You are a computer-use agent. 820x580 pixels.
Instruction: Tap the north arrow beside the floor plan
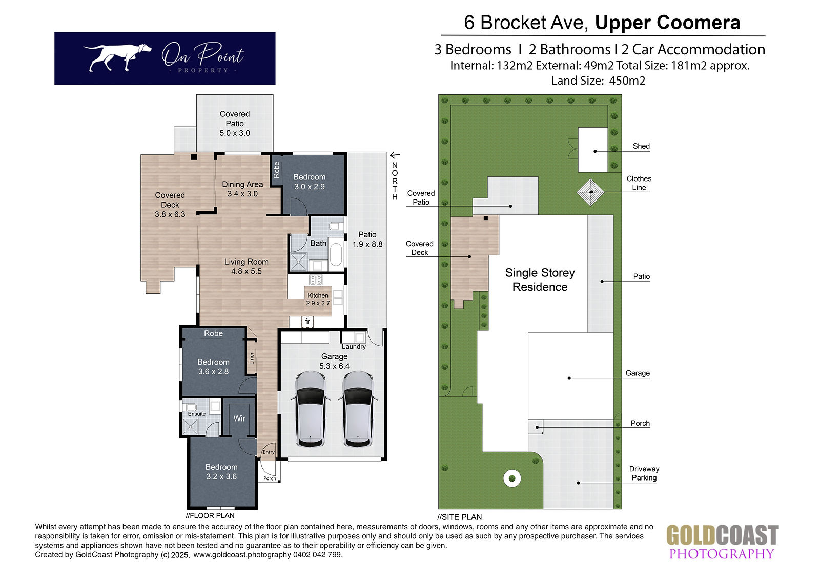395,155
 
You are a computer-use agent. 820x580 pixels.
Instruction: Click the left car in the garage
311,409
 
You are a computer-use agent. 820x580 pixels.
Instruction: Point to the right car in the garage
358,409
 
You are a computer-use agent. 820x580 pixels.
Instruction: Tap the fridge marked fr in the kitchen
307,322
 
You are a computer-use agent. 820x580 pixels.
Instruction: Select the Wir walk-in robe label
239,418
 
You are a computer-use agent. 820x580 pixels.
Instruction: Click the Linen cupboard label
252,358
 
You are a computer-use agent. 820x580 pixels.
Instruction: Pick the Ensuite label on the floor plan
197,414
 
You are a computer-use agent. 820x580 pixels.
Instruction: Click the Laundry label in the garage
354,347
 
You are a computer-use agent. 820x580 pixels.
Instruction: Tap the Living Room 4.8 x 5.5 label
247,266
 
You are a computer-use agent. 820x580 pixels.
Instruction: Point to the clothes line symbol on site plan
590,192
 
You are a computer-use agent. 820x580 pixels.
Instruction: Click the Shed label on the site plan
641,146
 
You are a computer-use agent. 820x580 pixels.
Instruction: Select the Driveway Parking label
644,473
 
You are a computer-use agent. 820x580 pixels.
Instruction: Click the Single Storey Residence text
540,279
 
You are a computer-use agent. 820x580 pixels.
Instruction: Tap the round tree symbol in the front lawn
512,478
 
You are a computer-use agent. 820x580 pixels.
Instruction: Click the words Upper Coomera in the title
667,23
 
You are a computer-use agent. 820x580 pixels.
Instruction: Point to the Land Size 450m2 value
627,81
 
